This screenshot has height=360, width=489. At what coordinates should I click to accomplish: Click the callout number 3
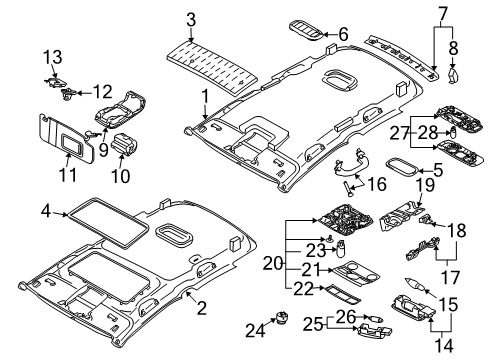[x=191, y=20]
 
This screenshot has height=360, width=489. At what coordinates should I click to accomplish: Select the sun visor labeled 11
[x=67, y=138]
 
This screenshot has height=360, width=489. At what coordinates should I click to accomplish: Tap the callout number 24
[x=255, y=331]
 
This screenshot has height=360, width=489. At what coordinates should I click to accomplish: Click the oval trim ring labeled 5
[x=402, y=167]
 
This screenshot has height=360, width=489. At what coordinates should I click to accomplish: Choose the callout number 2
[x=202, y=308]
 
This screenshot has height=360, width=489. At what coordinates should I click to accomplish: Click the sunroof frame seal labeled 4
[x=108, y=223]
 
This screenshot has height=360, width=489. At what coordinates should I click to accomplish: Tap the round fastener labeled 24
[x=283, y=318]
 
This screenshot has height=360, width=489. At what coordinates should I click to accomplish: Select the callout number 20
[x=273, y=264]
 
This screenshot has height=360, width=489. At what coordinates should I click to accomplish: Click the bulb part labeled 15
[x=415, y=284]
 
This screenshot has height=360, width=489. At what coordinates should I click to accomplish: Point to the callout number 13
[x=53, y=57]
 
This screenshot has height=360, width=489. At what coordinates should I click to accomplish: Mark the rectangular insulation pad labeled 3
[x=212, y=67]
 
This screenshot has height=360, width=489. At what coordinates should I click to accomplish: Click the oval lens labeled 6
[x=306, y=31]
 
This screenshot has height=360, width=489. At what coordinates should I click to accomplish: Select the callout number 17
[x=450, y=277]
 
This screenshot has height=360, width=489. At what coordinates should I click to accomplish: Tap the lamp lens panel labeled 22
[x=341, y=294]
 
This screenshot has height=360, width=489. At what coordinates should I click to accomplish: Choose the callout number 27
[x=399, y=133]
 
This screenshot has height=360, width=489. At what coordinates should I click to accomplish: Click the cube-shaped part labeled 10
[x=124, y=143]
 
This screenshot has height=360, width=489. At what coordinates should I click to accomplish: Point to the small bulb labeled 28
[x=453, y=132]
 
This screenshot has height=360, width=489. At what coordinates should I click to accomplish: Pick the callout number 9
[x=104, y=150]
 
